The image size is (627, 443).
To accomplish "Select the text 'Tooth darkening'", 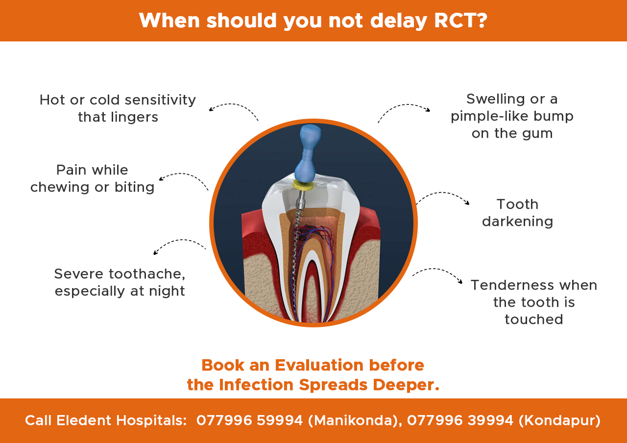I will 517,213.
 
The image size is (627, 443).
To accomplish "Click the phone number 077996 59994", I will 249,420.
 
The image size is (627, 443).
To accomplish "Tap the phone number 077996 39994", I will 460,420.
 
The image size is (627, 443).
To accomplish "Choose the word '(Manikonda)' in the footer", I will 352,420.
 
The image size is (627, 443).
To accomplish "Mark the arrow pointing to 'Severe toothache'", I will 178,244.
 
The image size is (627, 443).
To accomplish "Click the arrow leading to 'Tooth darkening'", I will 443,196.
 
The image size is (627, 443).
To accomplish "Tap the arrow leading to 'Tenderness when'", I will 437,272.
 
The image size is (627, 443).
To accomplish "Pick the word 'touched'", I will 533,320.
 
